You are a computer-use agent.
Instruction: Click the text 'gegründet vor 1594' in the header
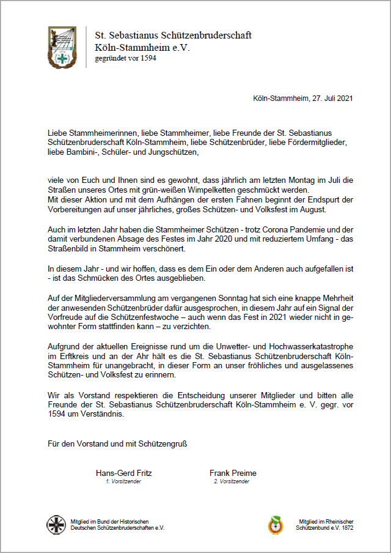coord(126,59)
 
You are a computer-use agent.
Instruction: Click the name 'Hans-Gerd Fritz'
coord(124,473)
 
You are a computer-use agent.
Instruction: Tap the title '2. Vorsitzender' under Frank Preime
coord(232,481)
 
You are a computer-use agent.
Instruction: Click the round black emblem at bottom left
coord(57,524)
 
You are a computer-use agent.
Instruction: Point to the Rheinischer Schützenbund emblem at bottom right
coord(276,524)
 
